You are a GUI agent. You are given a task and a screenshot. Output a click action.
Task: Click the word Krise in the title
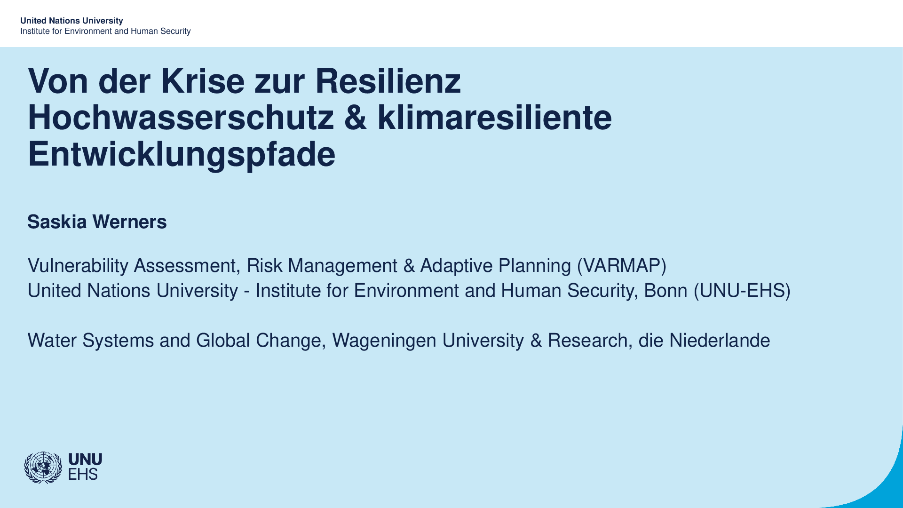click(203, 81)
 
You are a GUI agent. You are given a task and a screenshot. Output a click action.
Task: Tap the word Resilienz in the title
click(388, 81)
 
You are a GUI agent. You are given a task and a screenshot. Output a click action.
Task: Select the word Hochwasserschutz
click(181, 117)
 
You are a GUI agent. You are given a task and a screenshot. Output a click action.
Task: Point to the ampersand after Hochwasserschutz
click(356, 118)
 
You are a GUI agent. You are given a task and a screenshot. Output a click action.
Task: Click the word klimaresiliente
click(494, 117)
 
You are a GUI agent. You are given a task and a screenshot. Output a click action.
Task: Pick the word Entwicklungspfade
click(182, 154)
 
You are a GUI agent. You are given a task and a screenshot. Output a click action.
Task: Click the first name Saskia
click(57, 222)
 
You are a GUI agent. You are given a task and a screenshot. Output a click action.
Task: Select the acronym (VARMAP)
click(622, 266)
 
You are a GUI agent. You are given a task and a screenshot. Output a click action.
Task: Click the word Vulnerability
click(78, 266)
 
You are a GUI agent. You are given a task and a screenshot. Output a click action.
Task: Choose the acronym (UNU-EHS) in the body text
click(742, 291)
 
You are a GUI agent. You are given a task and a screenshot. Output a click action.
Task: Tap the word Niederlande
click(720, 341)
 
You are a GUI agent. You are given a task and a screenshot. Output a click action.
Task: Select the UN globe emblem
click(43, 468)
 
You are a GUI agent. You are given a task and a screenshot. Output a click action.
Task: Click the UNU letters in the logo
click(85, 460)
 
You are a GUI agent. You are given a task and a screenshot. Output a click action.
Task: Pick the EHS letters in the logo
click(83, 474)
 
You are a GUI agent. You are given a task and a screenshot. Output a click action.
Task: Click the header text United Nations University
click(71, 21)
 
